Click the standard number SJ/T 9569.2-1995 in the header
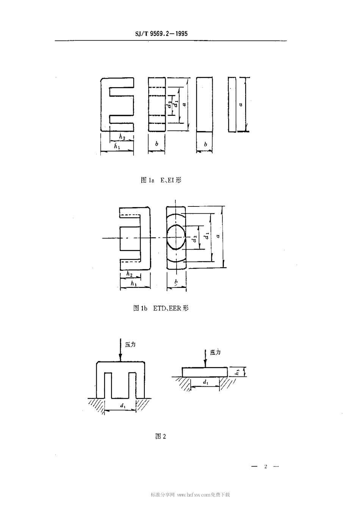click(161, 34)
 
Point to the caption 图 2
click(161, 436)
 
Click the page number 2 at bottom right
click(266, 467)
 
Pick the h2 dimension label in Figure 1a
click(122, 136)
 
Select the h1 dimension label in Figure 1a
click(116, 145)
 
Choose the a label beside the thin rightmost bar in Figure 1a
click(241, 103)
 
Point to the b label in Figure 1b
click(176, 282)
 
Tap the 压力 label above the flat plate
click(215, 352)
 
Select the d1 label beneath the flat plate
click(205, 383)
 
